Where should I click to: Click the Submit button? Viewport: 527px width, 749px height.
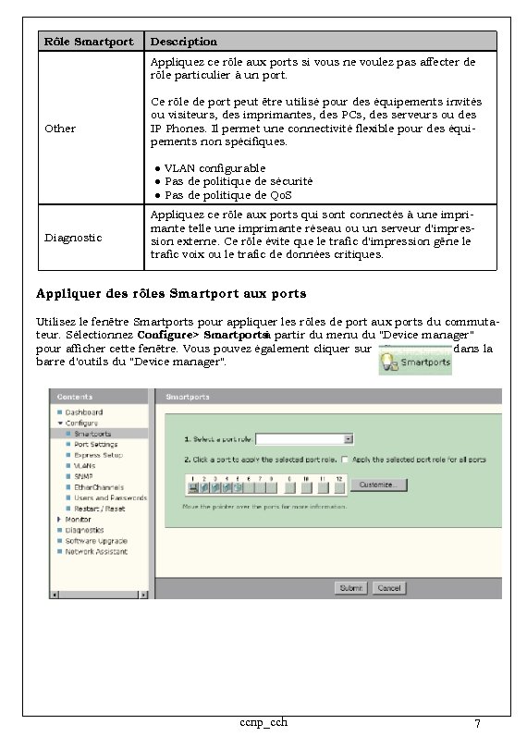[351, 588]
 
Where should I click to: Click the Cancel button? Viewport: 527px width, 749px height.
[391, 588]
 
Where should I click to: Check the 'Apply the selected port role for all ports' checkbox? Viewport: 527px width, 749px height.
[344, 460]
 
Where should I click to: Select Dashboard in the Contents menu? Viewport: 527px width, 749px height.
[83, 412]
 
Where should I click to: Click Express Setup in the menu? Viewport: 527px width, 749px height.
[98, 455]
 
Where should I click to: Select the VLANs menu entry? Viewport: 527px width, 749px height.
[84, 466]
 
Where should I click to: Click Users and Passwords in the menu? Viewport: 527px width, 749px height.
[110, 498]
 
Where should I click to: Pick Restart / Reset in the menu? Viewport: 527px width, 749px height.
[99, 509]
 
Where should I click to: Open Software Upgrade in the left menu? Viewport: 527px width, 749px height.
[95, 541]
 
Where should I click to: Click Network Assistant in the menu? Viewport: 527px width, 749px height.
[96, 552]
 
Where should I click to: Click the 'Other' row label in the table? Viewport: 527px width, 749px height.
[60, 129]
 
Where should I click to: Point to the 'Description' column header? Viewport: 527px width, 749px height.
[184, 42]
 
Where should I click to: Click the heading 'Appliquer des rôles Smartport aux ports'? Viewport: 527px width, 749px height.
[171, 294]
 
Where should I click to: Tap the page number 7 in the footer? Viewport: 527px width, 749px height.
[476, 723]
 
